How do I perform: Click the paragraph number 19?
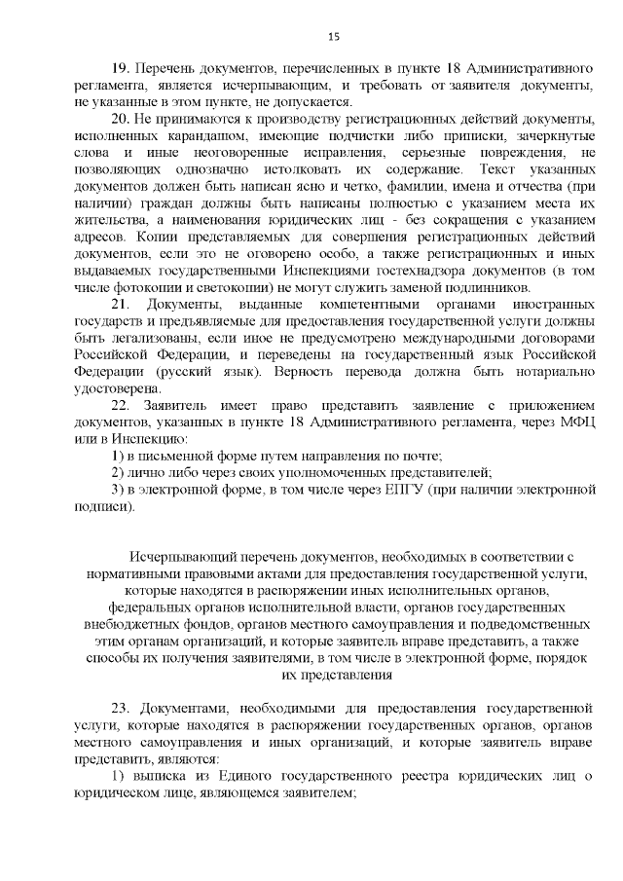[x=121, y=70]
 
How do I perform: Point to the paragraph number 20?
[x=121, y=118]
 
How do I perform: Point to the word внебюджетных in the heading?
[x=143, y=622]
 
